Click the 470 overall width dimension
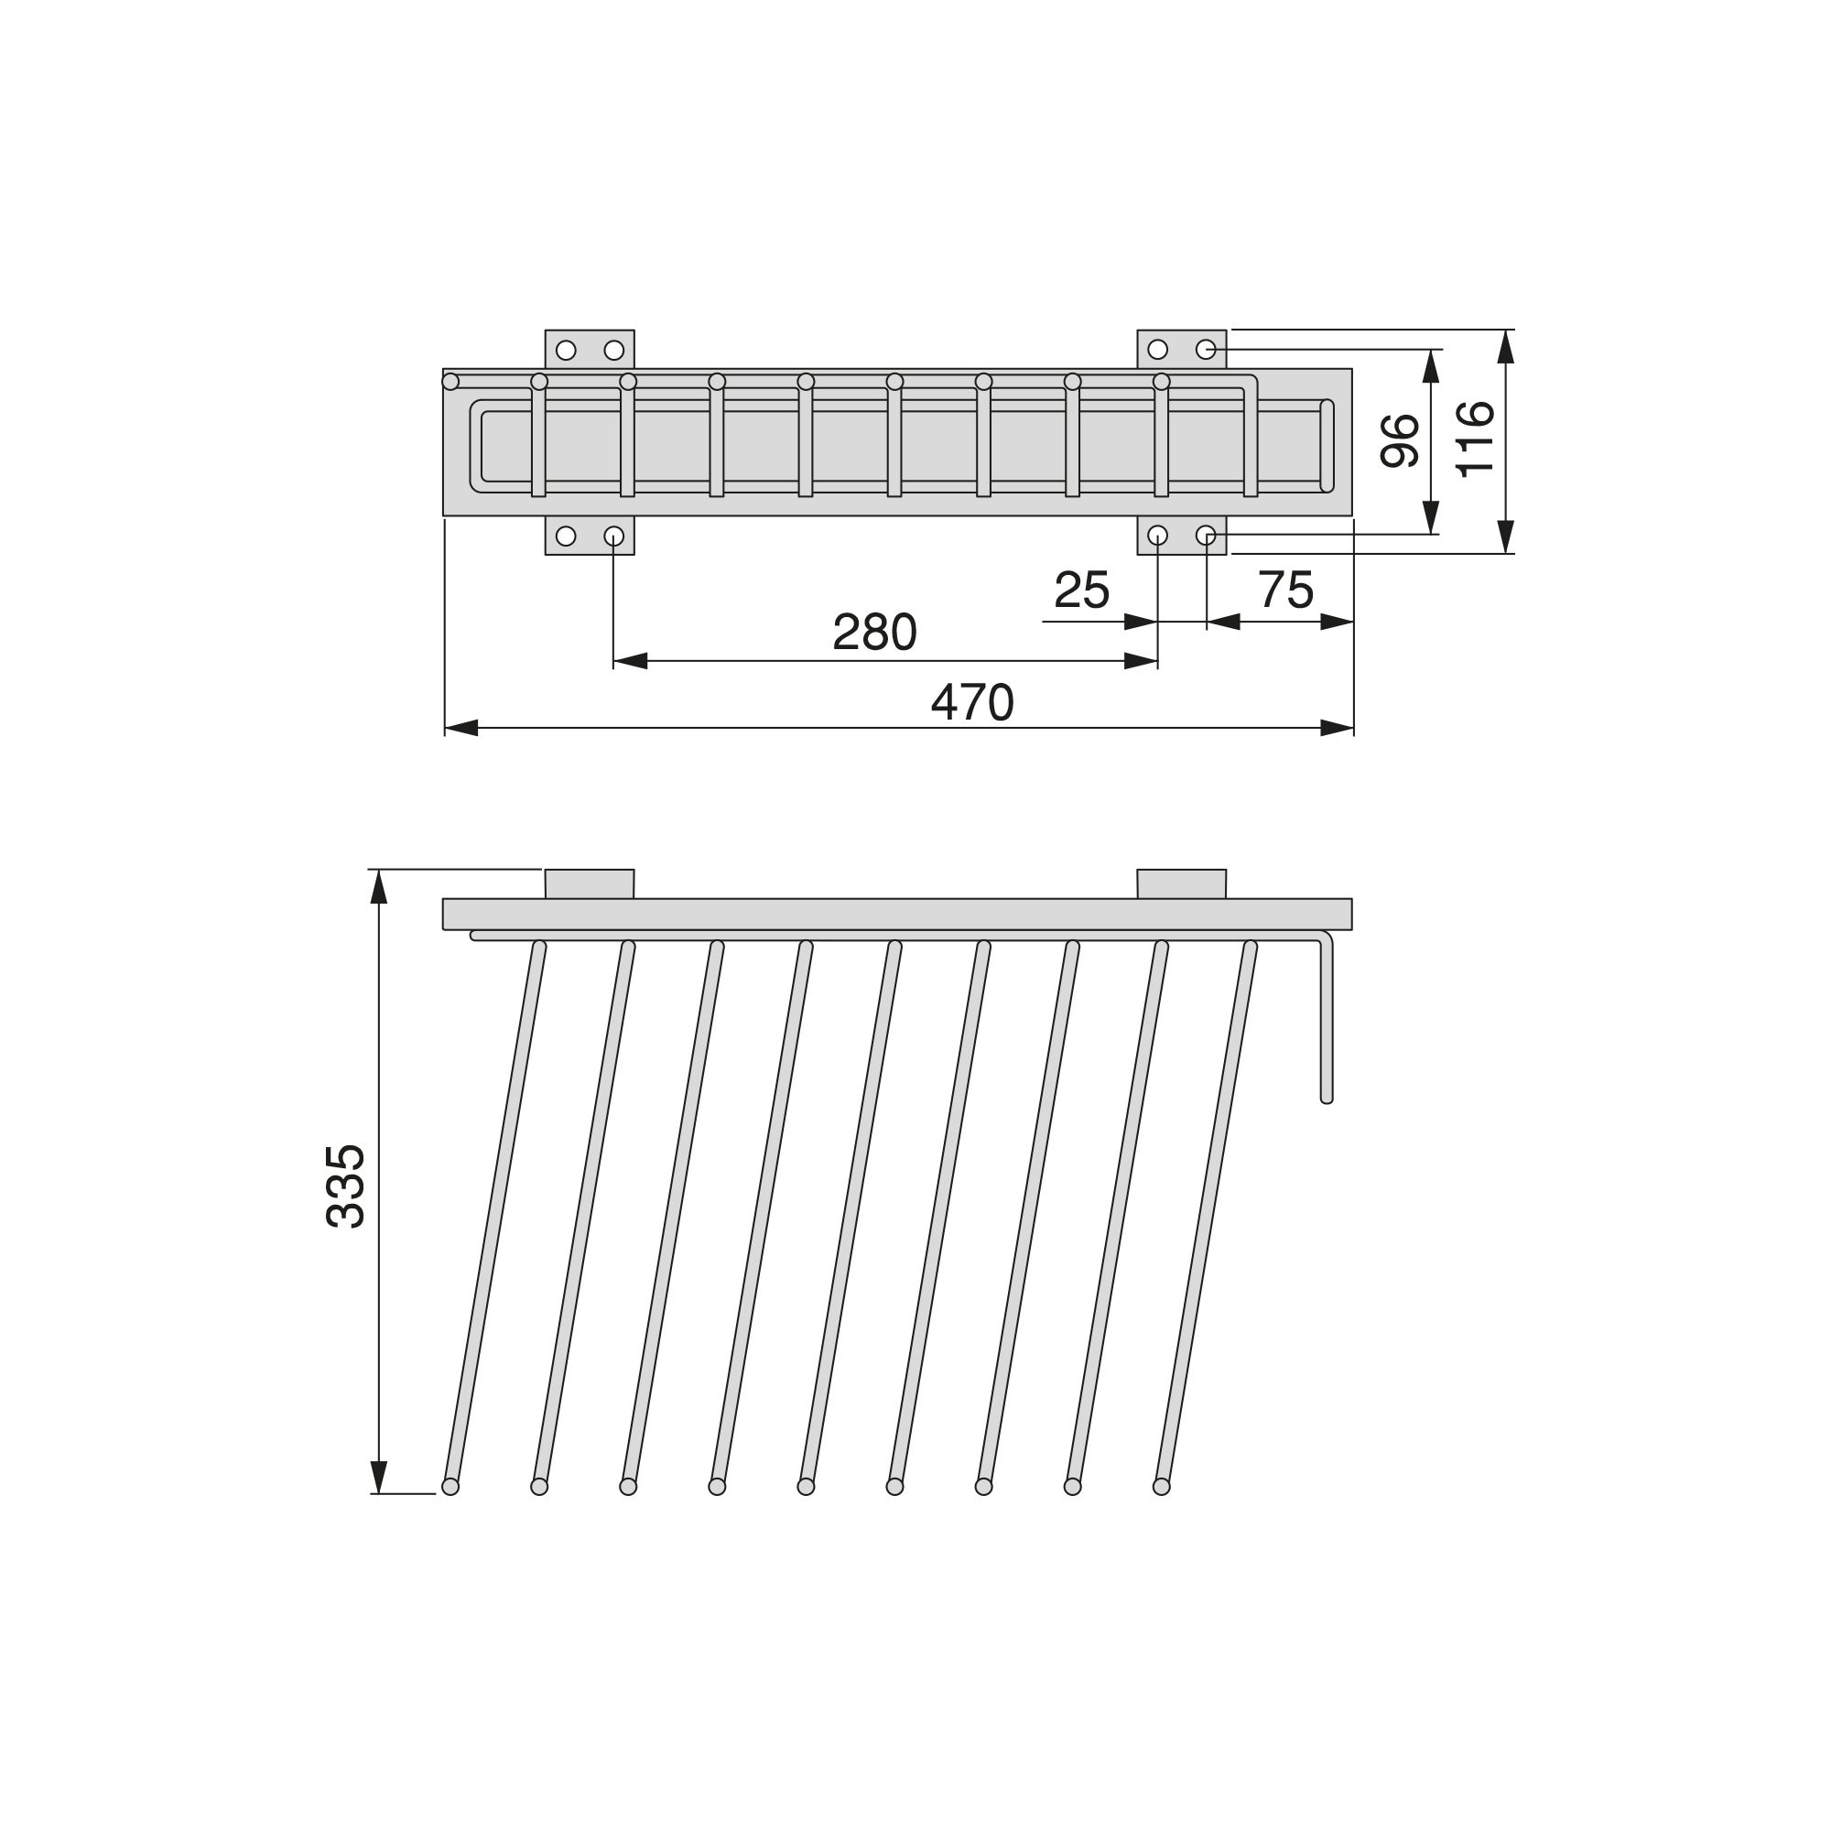pyautogui.click(x=972, y=703)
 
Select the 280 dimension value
pyautogui.click(x=874, y=632)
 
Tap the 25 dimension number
pyautogui.click(x=1081, y=591)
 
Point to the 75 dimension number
pyautogui.click(x=1285, y=590)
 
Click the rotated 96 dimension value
pyautogui.click(x=1400, y=440)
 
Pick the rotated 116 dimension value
pyautogui.click(x=1475, y=439)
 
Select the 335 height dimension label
pyautogui.click(x=346, y=1186)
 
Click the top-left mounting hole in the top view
pyautogui.click(x=566, y=351)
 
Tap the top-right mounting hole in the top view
pyautogui.click(x=1206, y=350)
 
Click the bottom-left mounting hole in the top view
pyautogui.click(x=566, y=536)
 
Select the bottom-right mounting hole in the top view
pyautogui.click(x=1206, y=536)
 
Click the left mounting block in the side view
pyautogui.click(x=590, y=883)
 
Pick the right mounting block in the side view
pyautogui.click(x=1181, y=883)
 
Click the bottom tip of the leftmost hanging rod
pyautogui.click(x=450, y=1487)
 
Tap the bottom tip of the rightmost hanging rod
pyautogui.click(x=1161, y=1487)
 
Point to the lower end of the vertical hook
pyautogui.click(x=1326, y=1098)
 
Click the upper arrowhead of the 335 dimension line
pyautogui.click(x=379, y=887)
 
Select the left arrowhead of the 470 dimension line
pyautogui.click(x=460, y=728)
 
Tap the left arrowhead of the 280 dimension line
pyautogui.click(x=630, y=661)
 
